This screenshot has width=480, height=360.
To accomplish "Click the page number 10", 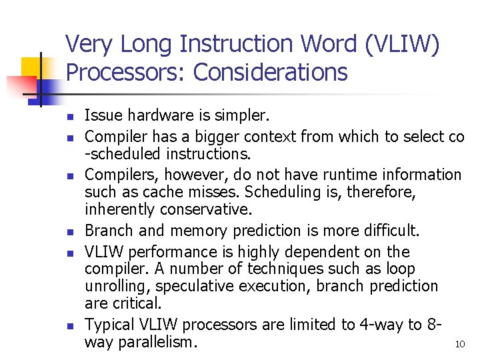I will point(459,344).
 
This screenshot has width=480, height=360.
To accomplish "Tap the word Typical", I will point(109,325).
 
